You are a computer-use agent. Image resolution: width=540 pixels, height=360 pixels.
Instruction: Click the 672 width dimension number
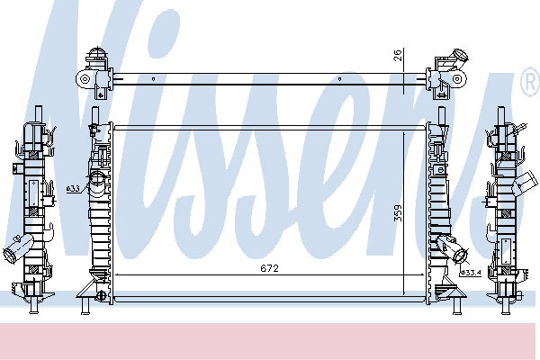[269, 268]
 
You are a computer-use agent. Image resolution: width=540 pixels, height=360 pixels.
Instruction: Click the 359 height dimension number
[398, 213]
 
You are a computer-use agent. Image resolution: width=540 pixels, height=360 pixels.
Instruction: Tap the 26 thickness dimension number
[398, 56]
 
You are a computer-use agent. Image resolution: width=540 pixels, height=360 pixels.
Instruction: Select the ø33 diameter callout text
[73, 188]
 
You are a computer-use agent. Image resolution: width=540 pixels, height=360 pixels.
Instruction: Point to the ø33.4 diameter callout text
[471, 273]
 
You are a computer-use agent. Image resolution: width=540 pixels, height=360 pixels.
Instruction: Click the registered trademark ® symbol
[530, 82]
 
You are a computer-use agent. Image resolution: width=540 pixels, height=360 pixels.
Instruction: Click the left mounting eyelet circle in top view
[85, 79]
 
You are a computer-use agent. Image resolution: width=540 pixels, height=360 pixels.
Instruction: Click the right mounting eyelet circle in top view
[457, 79]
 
